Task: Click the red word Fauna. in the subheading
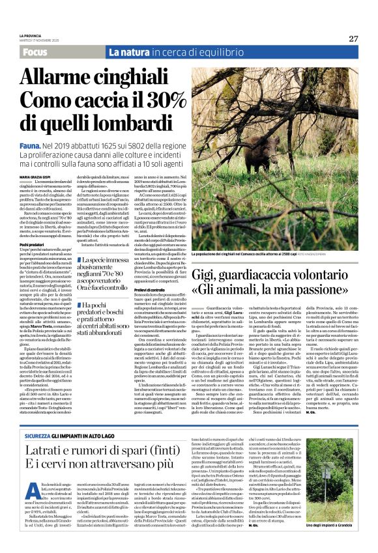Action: click(29, 149)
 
